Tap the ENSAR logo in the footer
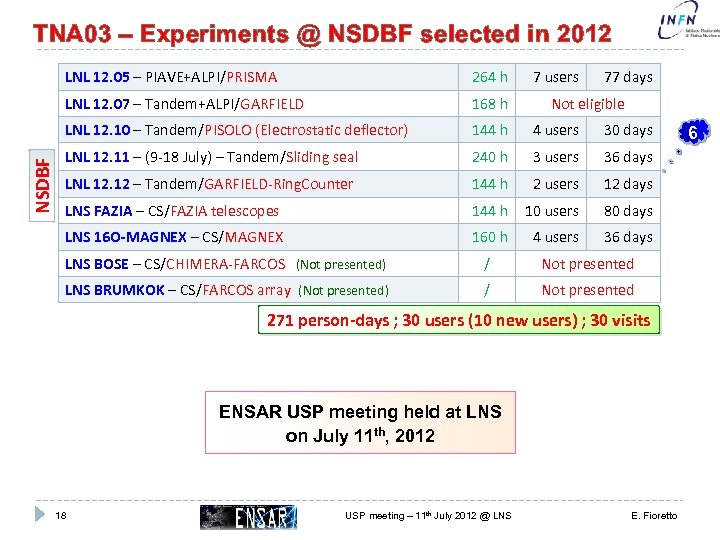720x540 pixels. pyautogui.click(x=249, y=516)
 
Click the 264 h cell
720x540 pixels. pyautogui.click(x=490, y=77)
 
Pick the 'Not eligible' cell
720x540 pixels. pyautogui.click(x=588, y=104)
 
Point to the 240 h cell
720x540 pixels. pyautogui.click(x=490, y=157)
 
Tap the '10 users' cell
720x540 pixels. pyautogui.click(x=552, y=211)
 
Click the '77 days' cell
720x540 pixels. pyautogui.click(x=628, y=77)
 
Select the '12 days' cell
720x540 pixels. pyautogui.click(x=628, y=184)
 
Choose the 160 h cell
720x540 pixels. pyautogui.click(x=490, y=238)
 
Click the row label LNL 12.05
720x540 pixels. pyautogui.click(x=96, y=77)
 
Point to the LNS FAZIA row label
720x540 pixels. pyautogui.click(x=97, y=211)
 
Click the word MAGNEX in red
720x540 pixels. pyautogui.click(x=255, y=238)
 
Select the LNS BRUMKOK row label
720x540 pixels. pyautogui.click(x=114, y=291)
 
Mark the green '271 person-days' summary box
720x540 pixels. pyautogui.click(x=459, y=321)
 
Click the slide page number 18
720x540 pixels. pyautogui.click(x=62, y=516)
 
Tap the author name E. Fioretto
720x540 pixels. pyautogui.click(x=653, y=516)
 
